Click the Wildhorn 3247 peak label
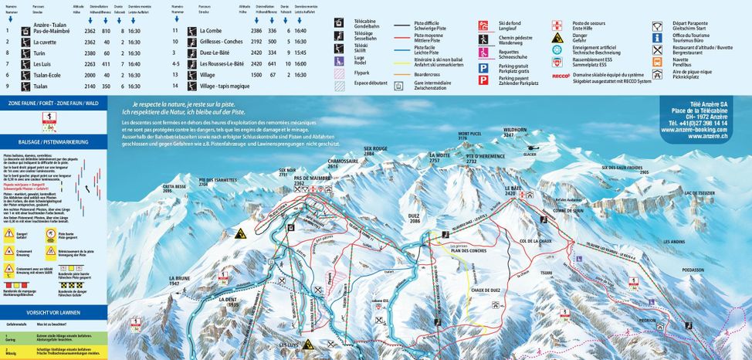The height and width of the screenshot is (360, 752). pyautogui.click(x=514, y=132)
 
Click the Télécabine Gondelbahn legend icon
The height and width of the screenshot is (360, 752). pyautogui.click(x=339, y=23)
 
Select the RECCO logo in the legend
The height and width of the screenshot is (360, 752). pyautogui.click(x=561, y=76)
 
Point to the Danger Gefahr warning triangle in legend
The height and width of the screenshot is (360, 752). pyautogui.click(x=557, y=36)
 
